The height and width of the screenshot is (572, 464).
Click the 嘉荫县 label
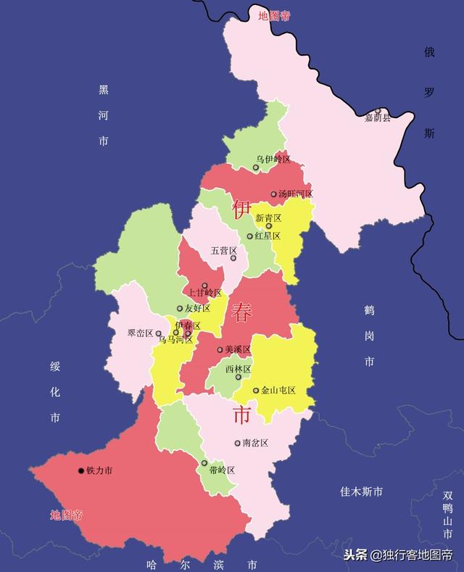pyautogui.click(x=377, y=117)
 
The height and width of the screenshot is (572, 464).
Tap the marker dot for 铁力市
pyautogui.click(x=81, y=471)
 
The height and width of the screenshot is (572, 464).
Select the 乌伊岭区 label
pyautogui.click(x=273, y=159)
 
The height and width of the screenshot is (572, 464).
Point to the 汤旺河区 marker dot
pyautogui.click(x=273, y=194)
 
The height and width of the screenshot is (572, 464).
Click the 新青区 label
pyautogui.click(x=268, y=217)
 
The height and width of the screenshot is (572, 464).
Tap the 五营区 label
pyautogui.click(x=223, y=251)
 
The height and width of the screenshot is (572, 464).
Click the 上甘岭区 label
pyautogui.click(x=205, y=293)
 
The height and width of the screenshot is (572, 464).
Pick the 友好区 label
pyautogui.click(x=197, y=308)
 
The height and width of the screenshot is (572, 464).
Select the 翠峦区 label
pyautogui.click(x=140, y=333)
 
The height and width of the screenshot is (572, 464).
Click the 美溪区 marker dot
pyautogui.click(x=220, y=349)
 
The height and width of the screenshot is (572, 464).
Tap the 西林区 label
pyautogui.click(x=238, y=369)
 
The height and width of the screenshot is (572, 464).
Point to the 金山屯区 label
pyautogui.click(x=278, y=390)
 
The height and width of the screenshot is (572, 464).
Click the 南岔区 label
pyautogui.click(x=255, y=443)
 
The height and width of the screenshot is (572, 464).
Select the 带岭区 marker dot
pyautogui.click(x=204, y=463)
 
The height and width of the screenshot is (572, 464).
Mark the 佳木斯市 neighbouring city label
pyautogui.click(x=361, y=492)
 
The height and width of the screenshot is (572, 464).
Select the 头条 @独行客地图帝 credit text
pyautogui.click(x=398, y=555)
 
